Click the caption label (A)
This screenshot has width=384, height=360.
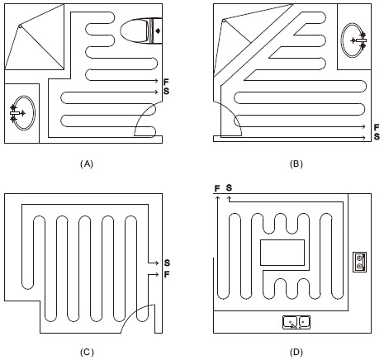(x=87, y=164)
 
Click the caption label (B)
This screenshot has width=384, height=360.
(x=296, y=164)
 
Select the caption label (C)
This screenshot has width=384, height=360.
(x=87, y=352)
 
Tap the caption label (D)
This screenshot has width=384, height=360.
(x=296, y=352)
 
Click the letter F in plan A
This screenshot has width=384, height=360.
(x=166, y=82)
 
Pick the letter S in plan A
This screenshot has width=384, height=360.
(x=166, y=91)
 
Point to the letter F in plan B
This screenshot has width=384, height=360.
(x=377, y=127)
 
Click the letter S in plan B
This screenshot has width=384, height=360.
(x=377, y=136)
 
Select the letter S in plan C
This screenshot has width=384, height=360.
(x=167, y=263)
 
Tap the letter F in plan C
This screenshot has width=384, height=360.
(x=167, y=274)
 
